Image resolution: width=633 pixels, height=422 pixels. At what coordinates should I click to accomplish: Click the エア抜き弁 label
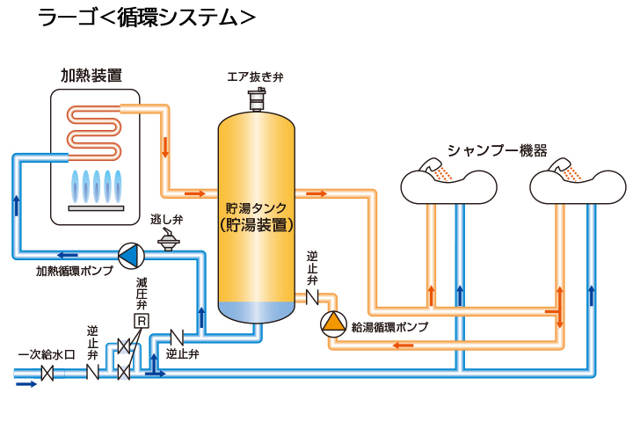pos(256,77)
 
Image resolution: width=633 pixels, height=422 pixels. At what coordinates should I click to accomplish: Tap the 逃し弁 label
pos(166,219)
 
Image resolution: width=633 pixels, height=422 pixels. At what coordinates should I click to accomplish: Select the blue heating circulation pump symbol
pos(129,255)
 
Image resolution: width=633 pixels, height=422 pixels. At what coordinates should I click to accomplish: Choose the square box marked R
pos(139,322)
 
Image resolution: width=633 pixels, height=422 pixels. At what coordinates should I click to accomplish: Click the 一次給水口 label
pos(47,355)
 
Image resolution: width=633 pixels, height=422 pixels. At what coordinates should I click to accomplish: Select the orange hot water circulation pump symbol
pos(334,324)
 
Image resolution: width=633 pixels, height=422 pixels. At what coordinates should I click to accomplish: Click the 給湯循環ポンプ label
pos(389,327)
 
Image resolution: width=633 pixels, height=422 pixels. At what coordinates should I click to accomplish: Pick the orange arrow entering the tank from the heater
pos(195,193)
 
